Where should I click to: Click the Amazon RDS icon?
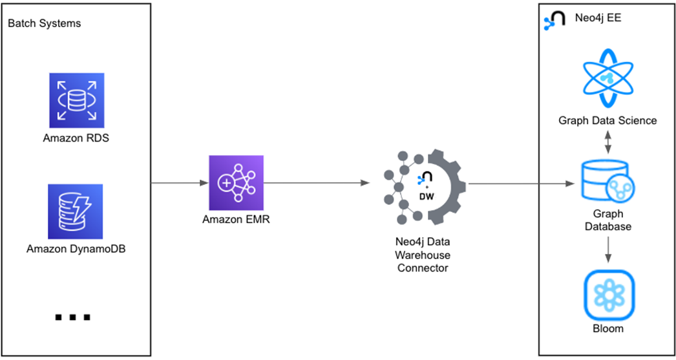tap(76, 100)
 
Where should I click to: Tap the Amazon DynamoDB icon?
tap(76, 211)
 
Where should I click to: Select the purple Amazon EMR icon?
tap(236, 182)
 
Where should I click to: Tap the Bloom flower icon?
tap(608, 295)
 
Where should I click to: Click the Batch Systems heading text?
tap(44, 24)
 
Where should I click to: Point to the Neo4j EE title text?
tap(598, 18)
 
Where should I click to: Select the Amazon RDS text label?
tap(76, 138)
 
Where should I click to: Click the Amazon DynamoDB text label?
tap(76, 248)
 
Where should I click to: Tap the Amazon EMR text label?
tap(236, 219)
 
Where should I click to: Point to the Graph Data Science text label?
tap(607, 120)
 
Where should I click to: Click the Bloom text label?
tap(608, 328)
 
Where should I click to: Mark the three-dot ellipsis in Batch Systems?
tap(72, 317)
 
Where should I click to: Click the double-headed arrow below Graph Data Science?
tap(607, 142)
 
